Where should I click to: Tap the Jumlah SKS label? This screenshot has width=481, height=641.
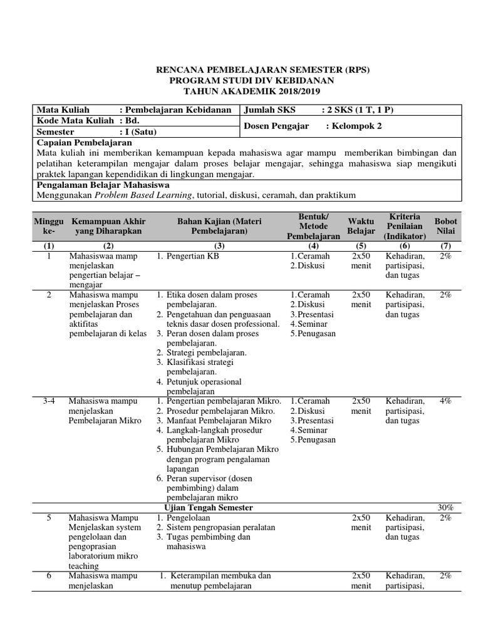[264, 110]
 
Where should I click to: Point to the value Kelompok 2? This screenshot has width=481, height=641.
[358, 126]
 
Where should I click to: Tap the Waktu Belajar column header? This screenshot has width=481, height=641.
[361, 226]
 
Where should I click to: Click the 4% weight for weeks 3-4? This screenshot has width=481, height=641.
[445, 401]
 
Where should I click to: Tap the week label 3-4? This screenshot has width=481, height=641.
[49, 401]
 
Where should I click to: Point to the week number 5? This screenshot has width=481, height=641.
[49, 518]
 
